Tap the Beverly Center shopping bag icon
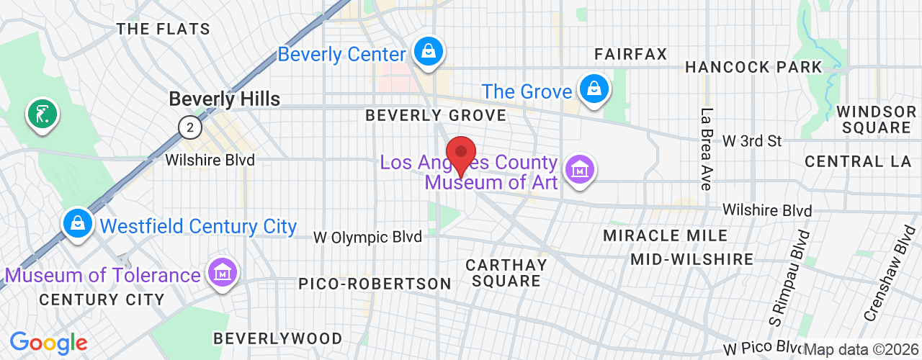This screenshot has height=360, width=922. (x=429, y=52)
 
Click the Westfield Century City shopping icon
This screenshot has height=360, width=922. (x=76, y=224)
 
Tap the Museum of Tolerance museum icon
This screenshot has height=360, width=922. (x=223, y=271)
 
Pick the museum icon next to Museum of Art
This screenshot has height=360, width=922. (x=579, y=171)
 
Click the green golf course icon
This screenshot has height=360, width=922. (x=42, y=114)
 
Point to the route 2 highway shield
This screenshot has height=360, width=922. (x=189, y=128)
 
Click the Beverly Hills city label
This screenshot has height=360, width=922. (x=224, y=99)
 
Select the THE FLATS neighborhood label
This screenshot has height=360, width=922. (x=164, y=30)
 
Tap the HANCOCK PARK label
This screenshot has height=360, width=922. (x=753, y=67)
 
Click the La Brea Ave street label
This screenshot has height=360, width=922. (x=707, y=149)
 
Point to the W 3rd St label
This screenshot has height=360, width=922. (x=752, y=141)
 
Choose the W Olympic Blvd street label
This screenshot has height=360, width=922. (x=367, y=237)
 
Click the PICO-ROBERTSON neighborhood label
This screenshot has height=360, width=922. (x=375, y=284)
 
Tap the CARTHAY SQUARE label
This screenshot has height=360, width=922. (x=506, y=272)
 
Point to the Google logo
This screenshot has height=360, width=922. (x=48, y=343)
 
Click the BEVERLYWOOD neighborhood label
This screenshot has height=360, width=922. (x=278, y=338)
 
